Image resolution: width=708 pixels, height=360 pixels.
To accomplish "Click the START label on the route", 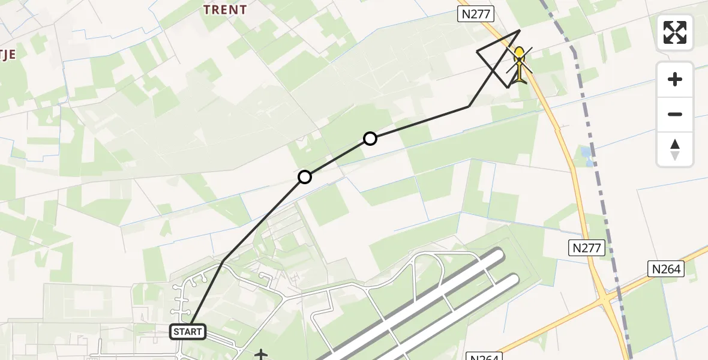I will tap(188, 331).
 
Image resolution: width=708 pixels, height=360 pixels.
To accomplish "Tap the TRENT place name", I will tap(225, 10).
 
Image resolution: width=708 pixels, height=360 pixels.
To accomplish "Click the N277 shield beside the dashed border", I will tap(586, 247).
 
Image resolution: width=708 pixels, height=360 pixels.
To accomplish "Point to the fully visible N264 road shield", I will tap(665, 269).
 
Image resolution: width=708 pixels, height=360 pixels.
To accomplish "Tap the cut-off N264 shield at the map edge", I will tap(483, 356).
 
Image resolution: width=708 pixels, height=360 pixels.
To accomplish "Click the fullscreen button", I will tap(675, 32).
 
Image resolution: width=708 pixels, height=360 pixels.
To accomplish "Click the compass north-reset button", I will tap(675, 149).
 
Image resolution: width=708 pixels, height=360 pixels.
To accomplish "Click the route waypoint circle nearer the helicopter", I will tap(370, 139).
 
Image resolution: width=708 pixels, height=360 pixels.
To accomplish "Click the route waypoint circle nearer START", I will tap(305, 176).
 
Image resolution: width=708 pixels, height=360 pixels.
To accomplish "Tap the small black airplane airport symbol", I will tap(261, 355).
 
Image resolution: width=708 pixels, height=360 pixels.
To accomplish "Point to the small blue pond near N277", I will tap(586, 155).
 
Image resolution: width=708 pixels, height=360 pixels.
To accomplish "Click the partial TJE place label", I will tap(7, 54).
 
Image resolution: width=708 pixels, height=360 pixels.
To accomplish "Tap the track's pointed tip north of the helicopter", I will tap(520, 30).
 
